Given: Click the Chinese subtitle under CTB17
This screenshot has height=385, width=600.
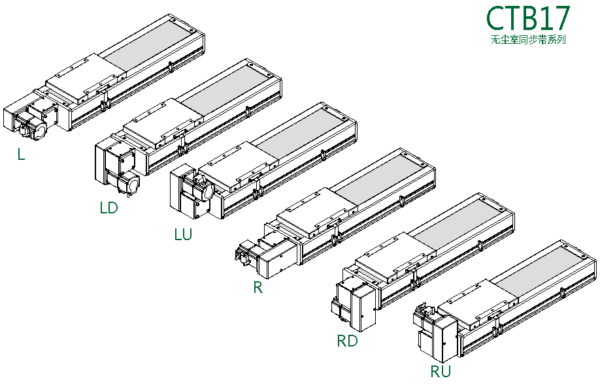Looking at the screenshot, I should tap(527, 39).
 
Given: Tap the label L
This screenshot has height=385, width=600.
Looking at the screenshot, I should tap(22, 155).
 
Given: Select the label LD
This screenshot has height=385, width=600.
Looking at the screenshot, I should tap(108, 208).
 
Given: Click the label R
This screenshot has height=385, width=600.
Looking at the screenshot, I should tap(258, 287).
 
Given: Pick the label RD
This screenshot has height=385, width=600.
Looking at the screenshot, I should tap(347, 341).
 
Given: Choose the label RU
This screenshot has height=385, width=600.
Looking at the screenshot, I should tap(441, 372).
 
